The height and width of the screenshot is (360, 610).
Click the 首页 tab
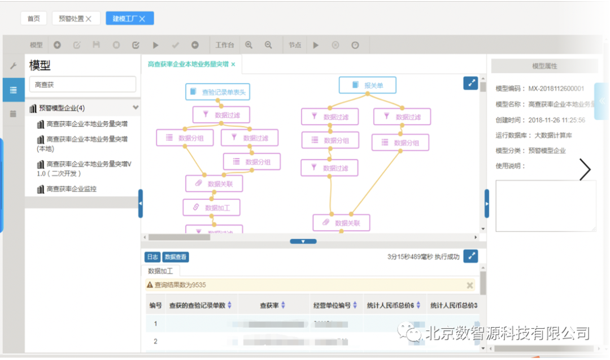point(34,19)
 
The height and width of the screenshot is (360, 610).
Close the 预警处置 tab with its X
point(89,19)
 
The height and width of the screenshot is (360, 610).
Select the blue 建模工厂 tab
point(129,19)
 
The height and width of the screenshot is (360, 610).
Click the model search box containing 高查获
point(82,84)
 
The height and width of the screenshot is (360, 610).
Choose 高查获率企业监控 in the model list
point(71,189)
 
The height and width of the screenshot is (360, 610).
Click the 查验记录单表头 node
point(217,92)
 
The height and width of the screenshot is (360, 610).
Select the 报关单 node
point(368,85)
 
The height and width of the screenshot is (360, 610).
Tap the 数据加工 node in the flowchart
point(212,207)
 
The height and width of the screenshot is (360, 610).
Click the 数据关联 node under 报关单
point(341,223)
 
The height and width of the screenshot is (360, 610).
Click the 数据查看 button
point(176,257)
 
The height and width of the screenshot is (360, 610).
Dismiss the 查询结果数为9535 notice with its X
point(469,285)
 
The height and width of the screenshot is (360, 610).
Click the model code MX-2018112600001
point(556,89)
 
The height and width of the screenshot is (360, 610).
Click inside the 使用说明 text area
point(546,206)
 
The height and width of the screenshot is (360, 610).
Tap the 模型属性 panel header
point(544,66)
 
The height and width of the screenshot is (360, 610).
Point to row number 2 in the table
point(155,341)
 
